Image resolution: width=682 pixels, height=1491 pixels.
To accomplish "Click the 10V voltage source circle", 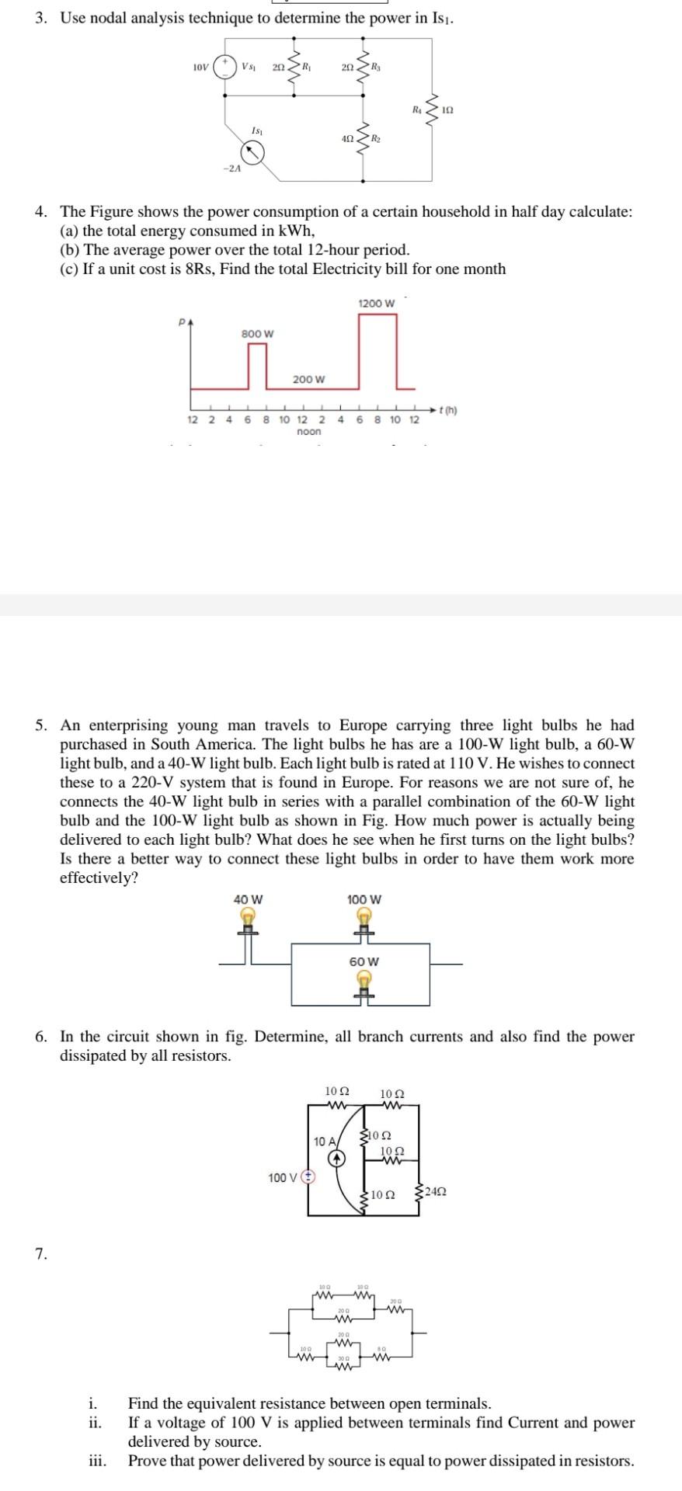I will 227,66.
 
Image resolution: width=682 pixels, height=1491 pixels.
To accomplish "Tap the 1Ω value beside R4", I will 447,111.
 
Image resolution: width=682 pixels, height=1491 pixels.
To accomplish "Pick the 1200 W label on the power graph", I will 376,302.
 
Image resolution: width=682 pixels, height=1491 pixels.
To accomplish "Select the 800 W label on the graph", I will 257,333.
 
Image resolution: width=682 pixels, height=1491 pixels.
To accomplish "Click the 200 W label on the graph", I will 308,379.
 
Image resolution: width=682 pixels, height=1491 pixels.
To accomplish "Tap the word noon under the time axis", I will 308,431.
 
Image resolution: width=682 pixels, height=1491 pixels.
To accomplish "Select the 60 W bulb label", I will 364,961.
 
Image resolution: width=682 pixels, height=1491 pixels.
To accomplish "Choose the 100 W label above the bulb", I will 364,899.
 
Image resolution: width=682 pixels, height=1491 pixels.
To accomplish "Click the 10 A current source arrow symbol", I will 336,1159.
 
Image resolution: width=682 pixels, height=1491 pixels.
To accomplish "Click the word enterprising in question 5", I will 131,725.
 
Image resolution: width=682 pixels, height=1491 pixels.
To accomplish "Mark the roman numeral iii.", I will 97,1460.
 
